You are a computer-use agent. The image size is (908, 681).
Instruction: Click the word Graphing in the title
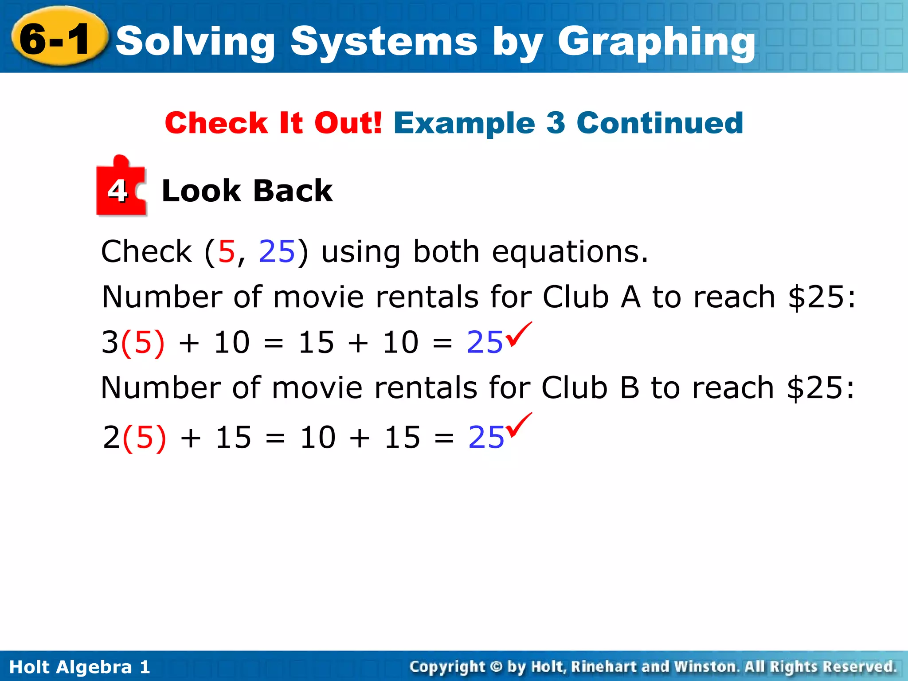pyautogui.click(x=656, y=42)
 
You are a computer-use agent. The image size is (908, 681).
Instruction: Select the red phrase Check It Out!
pyautogui.click(x=273, y=123)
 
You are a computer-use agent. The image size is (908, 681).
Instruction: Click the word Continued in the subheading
pyautogui.click(x=660, y=123)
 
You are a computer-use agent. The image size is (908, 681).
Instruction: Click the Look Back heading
pyautogui.click(x=247, y=191)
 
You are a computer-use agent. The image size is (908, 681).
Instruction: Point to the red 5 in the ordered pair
pyautogui.click(x=227, y=252)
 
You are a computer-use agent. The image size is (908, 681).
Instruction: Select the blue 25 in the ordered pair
pyautogui.click(x=277, y=252)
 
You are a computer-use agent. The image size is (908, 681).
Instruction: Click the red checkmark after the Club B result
pyautogui.click(x=520, y=425)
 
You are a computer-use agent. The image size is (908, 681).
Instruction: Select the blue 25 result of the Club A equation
pyautogui.click(x=485, y=343)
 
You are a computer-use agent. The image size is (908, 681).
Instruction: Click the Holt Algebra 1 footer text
pyautogui.click(x=80, y=667)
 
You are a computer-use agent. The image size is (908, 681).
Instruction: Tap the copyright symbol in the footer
pyautogui.click(x=497, y=667)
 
